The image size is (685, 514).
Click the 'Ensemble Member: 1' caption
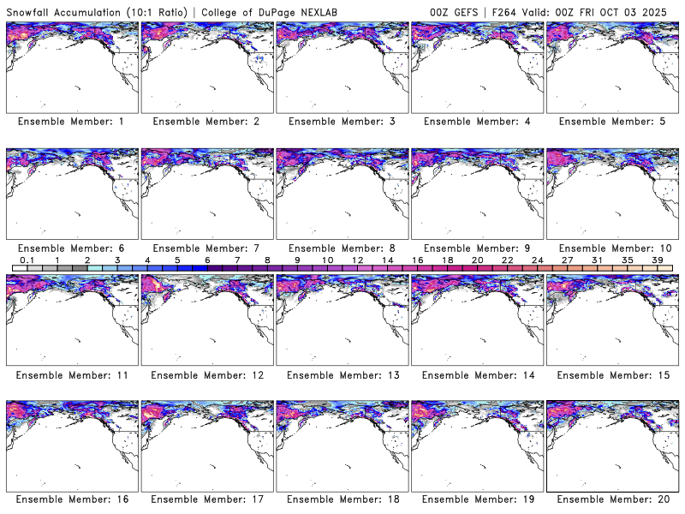(71, 122)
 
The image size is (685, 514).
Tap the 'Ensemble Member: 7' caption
(206, 248)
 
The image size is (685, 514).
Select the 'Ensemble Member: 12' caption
(206, 375)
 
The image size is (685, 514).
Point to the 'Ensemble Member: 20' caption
(612, 499)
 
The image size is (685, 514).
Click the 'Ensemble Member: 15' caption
(612, 375)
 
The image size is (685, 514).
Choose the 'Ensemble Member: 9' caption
(477, 248)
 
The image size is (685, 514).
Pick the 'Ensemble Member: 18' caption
(342, 499)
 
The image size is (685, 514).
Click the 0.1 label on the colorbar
(27, 260)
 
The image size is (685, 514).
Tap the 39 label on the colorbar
(657, 260)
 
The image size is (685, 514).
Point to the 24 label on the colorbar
(537, 260)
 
